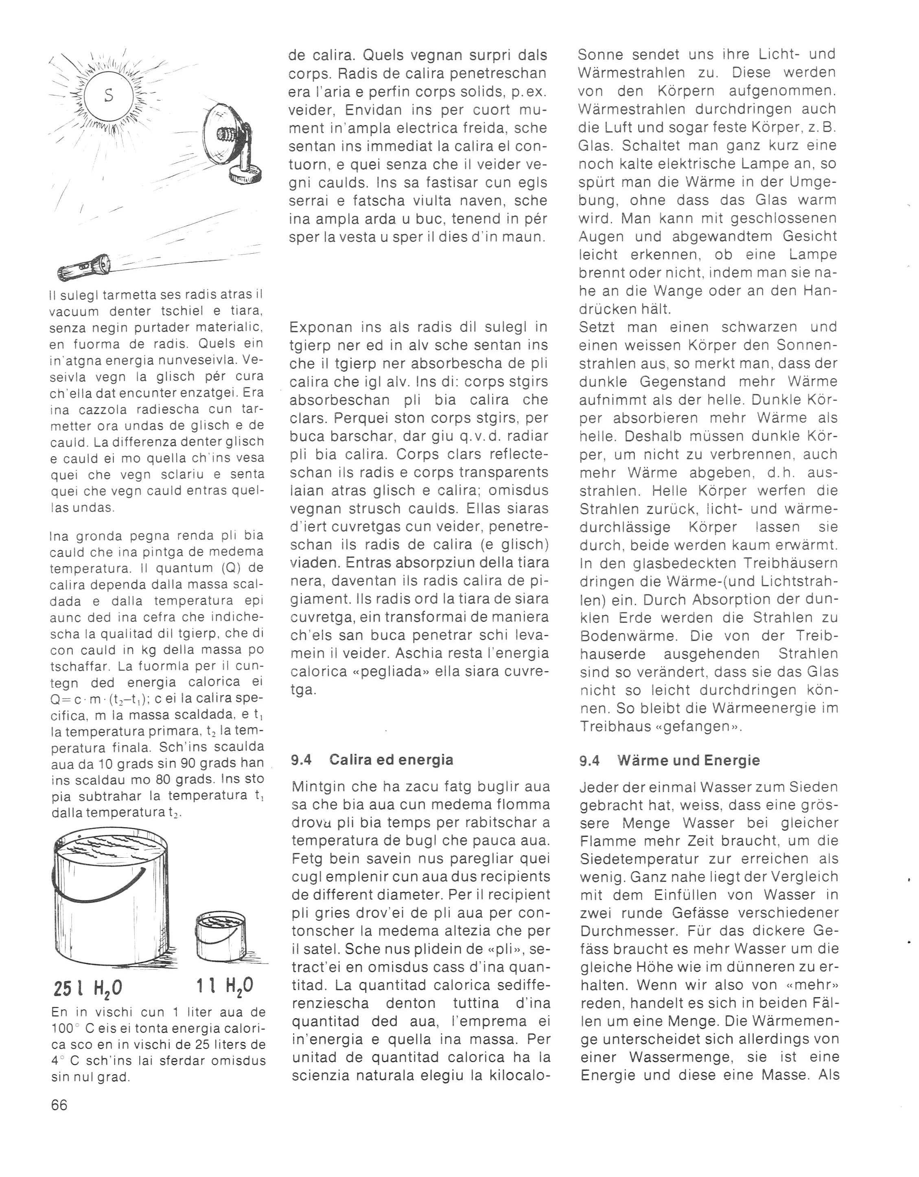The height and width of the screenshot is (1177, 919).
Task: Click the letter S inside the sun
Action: pos(109,95)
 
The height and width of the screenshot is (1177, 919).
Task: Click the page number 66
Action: pos(59,1105)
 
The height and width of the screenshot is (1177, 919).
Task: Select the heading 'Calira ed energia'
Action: pos(391,760)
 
